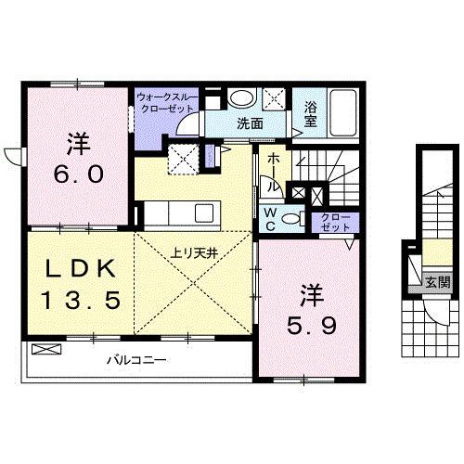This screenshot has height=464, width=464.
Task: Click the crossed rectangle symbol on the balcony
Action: point(45,350)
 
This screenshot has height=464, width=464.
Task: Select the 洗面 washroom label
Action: point(248,122)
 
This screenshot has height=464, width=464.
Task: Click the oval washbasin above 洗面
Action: point(243,97)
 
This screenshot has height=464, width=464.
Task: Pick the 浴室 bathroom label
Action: point(310,115)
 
